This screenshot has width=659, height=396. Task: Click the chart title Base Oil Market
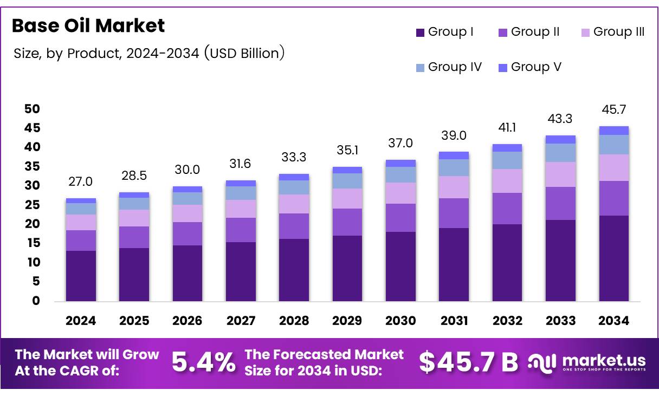tap(88, 25)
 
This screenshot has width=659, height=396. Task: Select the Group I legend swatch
tap(420, 33)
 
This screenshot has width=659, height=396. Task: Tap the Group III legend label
tap(619, 32)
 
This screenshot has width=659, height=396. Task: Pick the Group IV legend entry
tap(448, 67)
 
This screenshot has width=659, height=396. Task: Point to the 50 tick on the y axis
tap(32, 109)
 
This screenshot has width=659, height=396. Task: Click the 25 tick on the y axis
tap(32, 205)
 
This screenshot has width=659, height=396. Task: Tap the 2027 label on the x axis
tap(241, 321)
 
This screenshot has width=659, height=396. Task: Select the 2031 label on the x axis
tap(454, 321)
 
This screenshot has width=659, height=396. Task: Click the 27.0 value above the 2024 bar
tap(81, 181)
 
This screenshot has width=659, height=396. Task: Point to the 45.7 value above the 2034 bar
tap(613, 110)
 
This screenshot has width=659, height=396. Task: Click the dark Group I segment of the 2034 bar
tap(613, 258)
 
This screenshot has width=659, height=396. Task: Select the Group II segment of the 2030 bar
tap(400, 218)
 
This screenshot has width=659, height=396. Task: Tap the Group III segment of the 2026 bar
tap(187, 213)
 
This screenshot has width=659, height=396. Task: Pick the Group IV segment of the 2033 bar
tap(560, 153)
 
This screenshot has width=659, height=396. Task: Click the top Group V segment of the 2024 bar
tap(81, 200)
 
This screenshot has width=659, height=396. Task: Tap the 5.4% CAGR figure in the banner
tap(203, 362)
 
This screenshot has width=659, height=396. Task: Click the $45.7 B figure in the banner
tap(468, 362)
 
